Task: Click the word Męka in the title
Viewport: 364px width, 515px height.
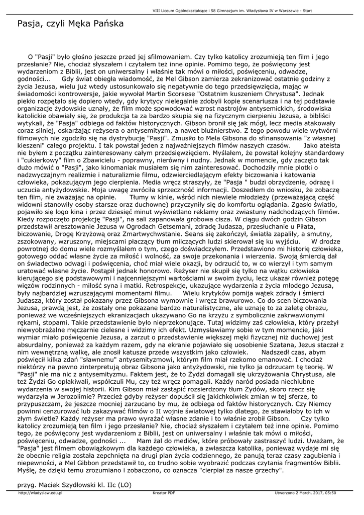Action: coord(74,24)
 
